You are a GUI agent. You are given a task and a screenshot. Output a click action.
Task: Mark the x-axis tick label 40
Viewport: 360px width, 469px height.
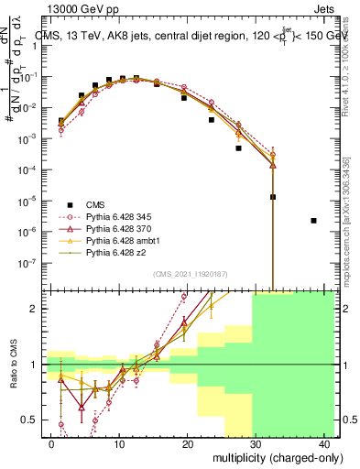325,444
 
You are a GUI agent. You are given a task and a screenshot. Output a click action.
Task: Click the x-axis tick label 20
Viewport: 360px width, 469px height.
188,444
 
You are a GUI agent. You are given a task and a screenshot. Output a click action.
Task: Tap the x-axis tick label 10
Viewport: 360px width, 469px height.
119,444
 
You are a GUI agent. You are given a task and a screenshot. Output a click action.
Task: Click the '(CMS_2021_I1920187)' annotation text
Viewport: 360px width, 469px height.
190,274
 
